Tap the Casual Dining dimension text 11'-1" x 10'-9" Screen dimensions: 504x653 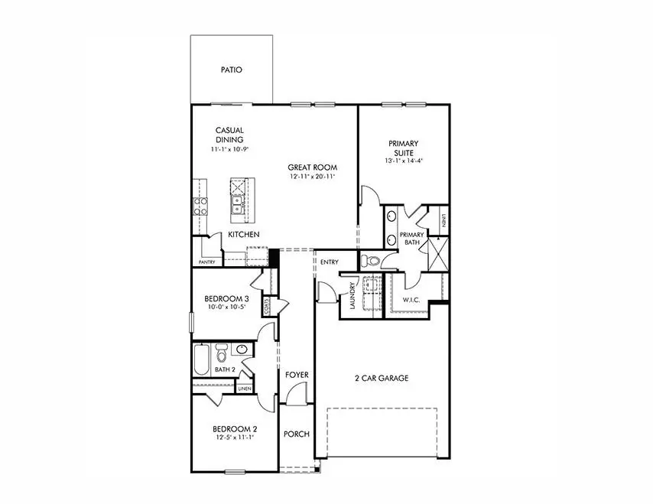tap(230, 149)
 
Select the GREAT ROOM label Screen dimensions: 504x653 tap(312, 167)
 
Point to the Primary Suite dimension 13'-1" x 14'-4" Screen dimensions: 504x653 tap(403, 161)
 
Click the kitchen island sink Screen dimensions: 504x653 tap(237, 204)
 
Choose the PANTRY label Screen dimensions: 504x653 tap(206, 262)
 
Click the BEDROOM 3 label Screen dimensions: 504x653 tap(226, 298)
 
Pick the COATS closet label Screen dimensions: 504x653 tap(266, 306)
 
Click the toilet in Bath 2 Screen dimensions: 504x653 tap(222, 354)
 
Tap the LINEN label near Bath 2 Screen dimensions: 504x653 tap(245, 389)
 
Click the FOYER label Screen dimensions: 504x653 tap(297, 375)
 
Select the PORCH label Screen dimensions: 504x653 tap(296, 434)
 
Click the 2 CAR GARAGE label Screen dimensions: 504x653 tap(381, 378)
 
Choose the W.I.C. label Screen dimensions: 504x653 tap(411, 300)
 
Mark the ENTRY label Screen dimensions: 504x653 tap(330, 262)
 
